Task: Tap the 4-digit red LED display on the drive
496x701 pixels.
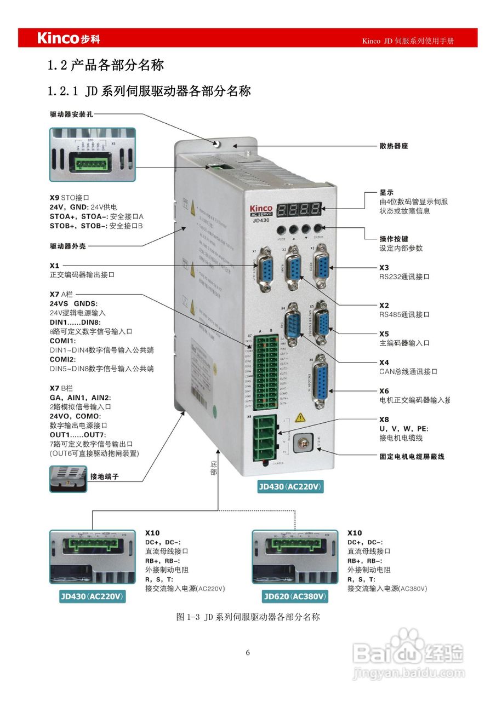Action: [x=299, y=209]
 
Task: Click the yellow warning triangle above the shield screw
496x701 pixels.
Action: [x=300, y=418]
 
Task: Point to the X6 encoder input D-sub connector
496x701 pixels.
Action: [x=321, y=382]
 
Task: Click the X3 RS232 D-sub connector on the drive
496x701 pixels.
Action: [x=321, y=268]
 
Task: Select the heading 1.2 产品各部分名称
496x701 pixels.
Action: [x=106, y=66]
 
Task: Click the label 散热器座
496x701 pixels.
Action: [x=394, y=146]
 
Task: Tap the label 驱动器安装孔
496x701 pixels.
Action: [x=75, y=114]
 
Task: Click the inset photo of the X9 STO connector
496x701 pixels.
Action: [x=92, y=154]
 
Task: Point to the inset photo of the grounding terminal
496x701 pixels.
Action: [x=68, y=476]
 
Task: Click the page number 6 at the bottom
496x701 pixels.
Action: [x=248, y=653]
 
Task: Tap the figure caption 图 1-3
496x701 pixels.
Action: [x=248, y=617]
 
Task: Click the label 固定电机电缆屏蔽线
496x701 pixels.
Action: [x=412, y=456]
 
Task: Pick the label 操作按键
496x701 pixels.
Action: [x=394, y=239]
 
